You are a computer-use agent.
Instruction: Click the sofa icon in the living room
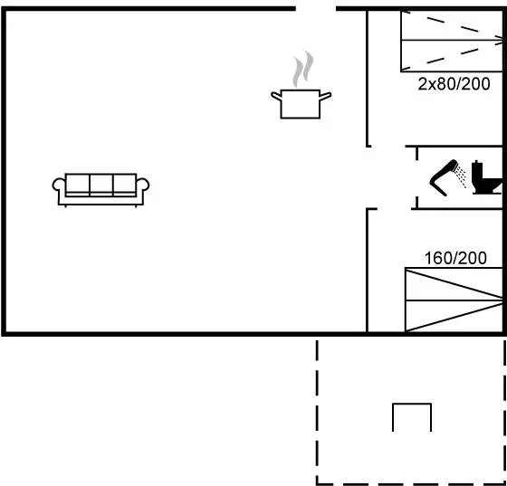click(x=100, y=190)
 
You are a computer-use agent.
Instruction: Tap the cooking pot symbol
click(x=301, y=104)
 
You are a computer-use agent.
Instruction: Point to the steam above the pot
click(x=303, y=69)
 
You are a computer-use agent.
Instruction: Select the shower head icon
click(x=444, y=177)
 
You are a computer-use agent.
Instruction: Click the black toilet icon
click(x=487, y=177)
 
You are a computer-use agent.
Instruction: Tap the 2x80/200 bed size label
click(x=454, y=83)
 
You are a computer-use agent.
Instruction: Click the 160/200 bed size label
click(x=455, y=258)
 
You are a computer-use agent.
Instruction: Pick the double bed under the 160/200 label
click(x=454, y=300)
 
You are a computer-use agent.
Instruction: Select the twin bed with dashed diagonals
click(x=452, y=41)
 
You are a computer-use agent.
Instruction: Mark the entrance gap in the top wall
click(x=316, y=9)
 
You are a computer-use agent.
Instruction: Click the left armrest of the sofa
click(x=59, y=186)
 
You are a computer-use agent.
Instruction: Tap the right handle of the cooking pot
click(x=325, y=96)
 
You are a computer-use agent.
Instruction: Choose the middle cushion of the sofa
click(x=101, y=185)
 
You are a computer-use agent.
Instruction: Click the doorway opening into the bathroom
click(x=416, y=177)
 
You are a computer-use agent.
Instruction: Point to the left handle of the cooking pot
click(x=276, y=96)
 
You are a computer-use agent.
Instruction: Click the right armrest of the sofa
click(x=143, y=186)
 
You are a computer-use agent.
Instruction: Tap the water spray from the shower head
click(x=461, y=176)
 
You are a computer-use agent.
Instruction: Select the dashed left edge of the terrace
click(x=317, y=412)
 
